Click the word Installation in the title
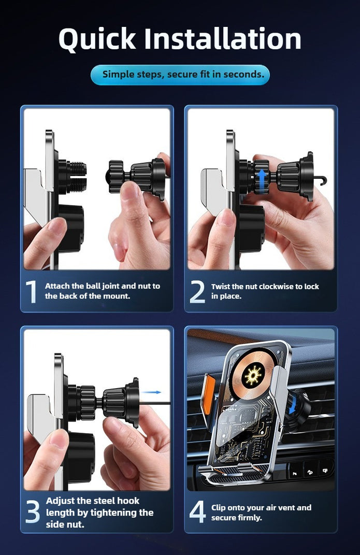[222, 39]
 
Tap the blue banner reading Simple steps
[180, 75]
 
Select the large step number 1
[32, 292]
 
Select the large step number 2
[197, 292]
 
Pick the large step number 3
[33, 512]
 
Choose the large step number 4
[197, 512]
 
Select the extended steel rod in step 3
[155, 403]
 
